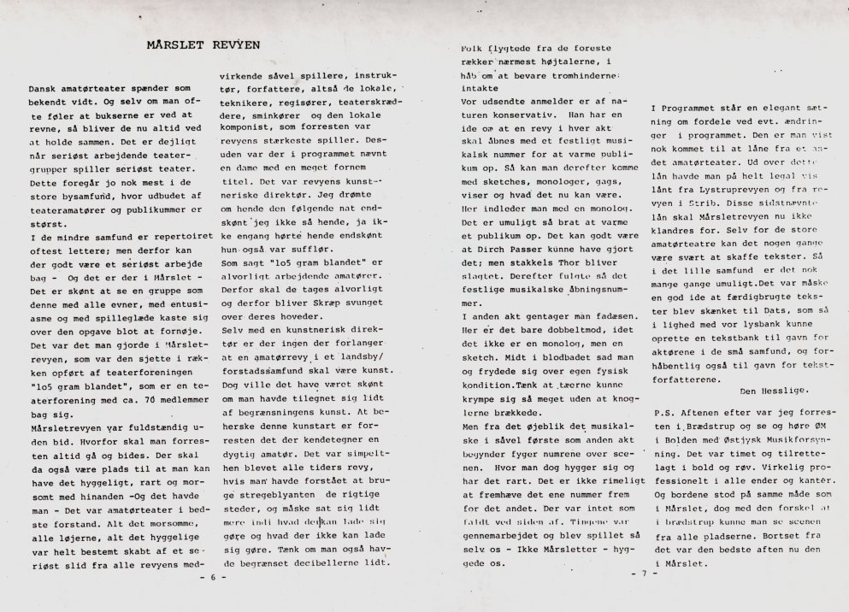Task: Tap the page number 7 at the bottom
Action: pos(644,574)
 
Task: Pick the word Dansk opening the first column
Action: pos(44,89)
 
